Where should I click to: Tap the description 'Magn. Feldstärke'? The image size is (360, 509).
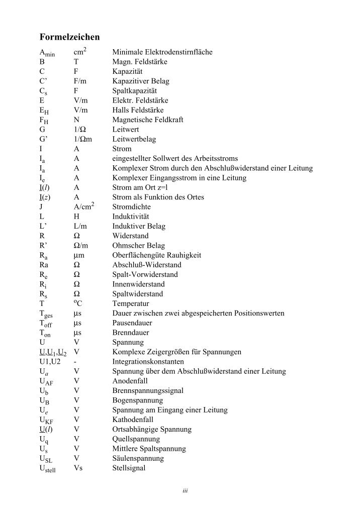140,61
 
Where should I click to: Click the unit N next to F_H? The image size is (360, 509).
76,120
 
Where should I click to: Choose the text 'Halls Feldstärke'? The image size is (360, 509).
138,110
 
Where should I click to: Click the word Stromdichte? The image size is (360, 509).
131,207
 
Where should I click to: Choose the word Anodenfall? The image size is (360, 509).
130,381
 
